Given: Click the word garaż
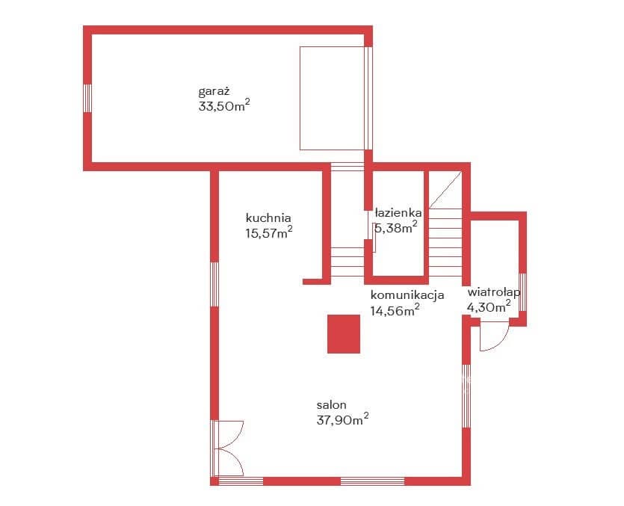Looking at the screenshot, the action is (214, 92).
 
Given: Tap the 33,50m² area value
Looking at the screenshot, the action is (224, 106).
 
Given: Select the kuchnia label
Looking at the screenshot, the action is (268, 217).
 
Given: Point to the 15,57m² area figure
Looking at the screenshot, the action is (269, 232).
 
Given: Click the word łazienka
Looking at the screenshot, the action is (398, 213).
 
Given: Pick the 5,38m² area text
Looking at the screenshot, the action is (395, 228).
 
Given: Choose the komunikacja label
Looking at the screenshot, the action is (407, 295).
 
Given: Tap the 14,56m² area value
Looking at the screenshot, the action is (395, 309).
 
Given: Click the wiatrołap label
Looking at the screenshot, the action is (494, 292).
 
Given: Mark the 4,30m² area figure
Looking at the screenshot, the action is (489, 307).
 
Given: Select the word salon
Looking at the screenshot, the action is (332, 405).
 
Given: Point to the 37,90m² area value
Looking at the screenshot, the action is (343, 419).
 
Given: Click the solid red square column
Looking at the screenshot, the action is (344, 334).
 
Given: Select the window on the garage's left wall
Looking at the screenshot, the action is (87, 98).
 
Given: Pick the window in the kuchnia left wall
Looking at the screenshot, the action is (214, 284).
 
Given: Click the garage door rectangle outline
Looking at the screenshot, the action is (332, 99).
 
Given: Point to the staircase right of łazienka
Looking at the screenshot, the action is (445, 223).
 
